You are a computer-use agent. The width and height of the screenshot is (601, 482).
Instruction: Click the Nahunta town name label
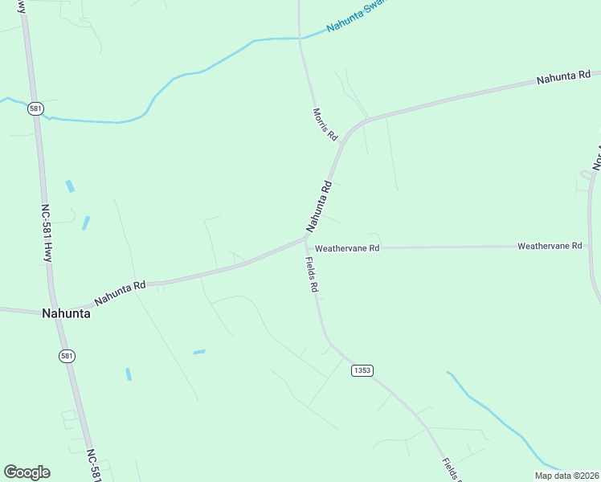tap(66, 314)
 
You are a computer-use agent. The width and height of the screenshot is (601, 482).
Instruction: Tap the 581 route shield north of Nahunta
tap(35, 108)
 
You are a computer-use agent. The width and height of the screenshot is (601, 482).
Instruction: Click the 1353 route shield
tap(362, 370)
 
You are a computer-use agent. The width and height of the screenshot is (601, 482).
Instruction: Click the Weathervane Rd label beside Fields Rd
tap(346, 249)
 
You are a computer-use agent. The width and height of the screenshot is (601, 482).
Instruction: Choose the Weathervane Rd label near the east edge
tap(550, 246)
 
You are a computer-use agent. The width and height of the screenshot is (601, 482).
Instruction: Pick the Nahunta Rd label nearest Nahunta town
tap(120, 292)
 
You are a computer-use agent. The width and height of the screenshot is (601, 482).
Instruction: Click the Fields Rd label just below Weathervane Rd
tap(312, 275)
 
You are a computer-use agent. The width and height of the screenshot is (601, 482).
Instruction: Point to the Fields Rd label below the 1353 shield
tap(450, 469)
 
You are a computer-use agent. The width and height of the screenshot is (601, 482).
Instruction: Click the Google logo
tap(27, 472)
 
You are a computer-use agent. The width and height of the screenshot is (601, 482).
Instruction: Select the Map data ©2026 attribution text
tap(566, 476)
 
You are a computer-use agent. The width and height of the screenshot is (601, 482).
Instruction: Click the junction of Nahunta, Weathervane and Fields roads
tap(305, 238)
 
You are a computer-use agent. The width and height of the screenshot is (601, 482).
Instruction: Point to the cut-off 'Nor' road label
tap(596, 157)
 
